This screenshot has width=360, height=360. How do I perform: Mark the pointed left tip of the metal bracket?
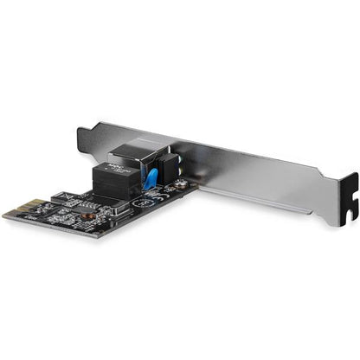pos(80,131)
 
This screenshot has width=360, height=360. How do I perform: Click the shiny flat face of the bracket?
pos(260,177)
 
